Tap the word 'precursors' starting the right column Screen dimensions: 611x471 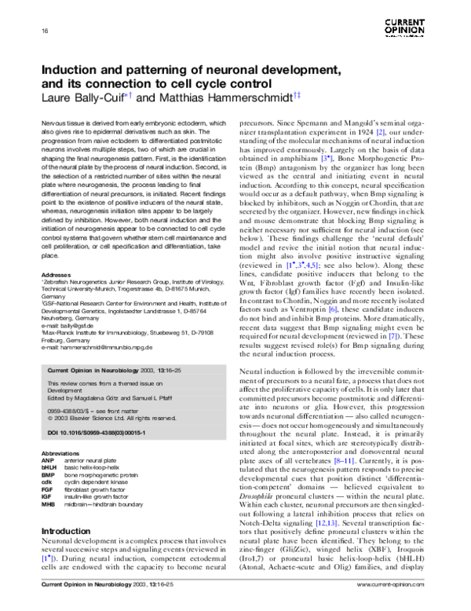point(261,124)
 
